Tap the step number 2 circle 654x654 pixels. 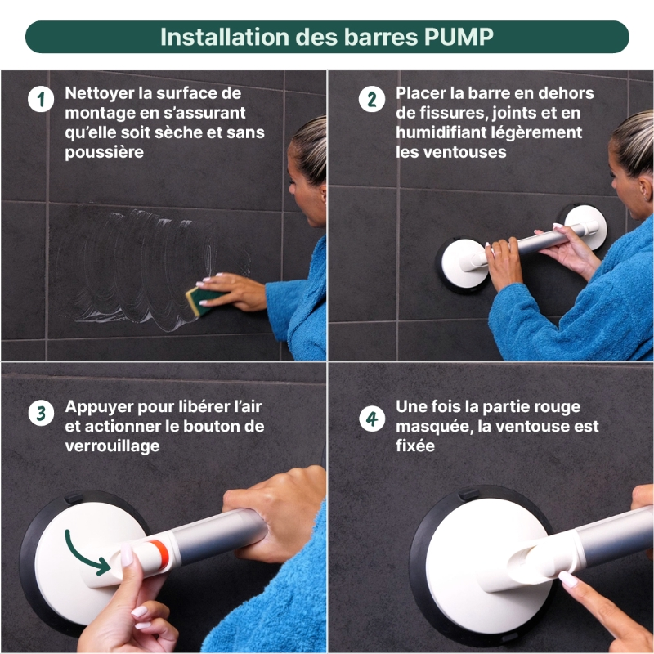click(x=372, y=100)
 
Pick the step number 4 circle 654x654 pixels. click(x=372, y=419)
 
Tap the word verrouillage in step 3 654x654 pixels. click(x=112, y=446)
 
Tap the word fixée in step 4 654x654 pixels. click(x=415, y=446)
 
